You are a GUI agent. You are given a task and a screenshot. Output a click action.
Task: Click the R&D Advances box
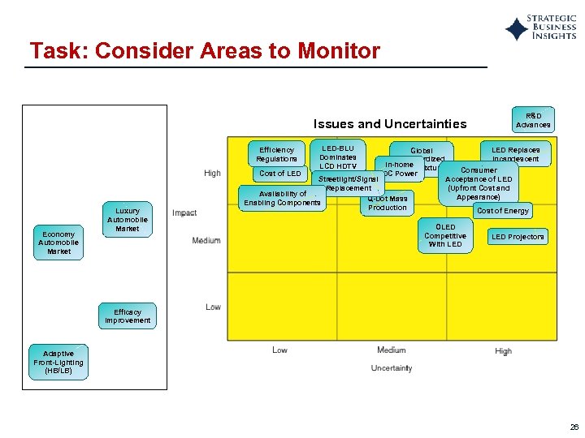[x=533, y=120]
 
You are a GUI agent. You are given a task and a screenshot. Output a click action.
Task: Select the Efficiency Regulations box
[x=276, y=154]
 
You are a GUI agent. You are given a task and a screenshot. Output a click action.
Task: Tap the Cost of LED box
[x=279, y=174]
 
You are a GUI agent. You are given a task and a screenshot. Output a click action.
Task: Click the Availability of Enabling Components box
[x=281, y=198]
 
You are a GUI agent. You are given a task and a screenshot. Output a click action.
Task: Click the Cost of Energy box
[x=502, y=211]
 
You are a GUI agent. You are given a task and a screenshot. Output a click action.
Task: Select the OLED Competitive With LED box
[x=445, y=235]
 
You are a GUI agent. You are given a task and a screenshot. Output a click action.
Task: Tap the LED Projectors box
[x=518, y=237]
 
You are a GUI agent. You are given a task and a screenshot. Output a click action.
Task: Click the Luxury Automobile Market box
[x=128, y=220]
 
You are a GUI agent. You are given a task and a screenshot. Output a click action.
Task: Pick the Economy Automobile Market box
[x=59, y=243]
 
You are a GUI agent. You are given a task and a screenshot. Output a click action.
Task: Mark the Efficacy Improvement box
[x=128, y=316]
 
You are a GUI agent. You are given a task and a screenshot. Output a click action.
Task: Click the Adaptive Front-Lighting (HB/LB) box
[x=58, y=362]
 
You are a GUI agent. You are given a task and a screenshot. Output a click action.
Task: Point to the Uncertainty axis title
[x=391, y=368]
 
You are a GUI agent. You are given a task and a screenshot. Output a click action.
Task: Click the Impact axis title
[x=184, y=213]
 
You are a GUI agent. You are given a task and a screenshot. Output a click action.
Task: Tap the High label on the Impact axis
[x=212, y=173]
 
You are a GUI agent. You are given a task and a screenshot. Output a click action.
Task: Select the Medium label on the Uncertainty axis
[x=391, y=350]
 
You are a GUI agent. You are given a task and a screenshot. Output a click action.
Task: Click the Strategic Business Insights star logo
[x=517, y=28]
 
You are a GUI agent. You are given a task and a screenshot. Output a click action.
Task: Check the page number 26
[x=574, y=427]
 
